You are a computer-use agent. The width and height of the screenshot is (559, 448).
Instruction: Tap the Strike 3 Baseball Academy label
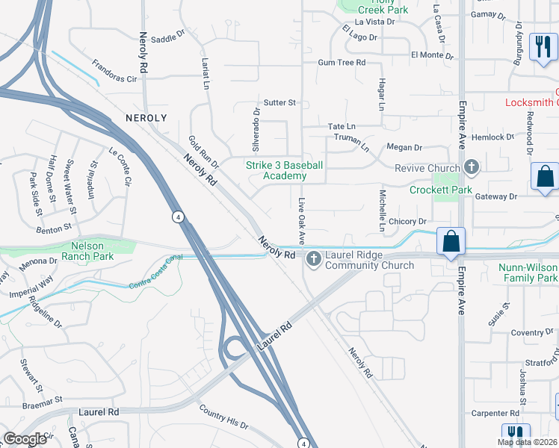pos(285,170)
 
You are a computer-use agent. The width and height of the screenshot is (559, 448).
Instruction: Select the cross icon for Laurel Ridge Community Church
pos(313,259)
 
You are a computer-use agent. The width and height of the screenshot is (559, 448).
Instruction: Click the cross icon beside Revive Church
pos(471,167)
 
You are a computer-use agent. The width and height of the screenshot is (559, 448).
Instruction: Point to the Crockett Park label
pos(440,190)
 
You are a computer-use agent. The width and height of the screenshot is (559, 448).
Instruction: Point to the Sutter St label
pos(280,102)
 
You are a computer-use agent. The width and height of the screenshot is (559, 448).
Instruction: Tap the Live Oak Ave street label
pos(302,221)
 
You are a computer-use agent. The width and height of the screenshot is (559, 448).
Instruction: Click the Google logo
pos(25,439)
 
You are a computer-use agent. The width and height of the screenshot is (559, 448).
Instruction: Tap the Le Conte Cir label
pos(120,167)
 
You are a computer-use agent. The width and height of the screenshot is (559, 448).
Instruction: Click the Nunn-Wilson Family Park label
pos(528,273)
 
